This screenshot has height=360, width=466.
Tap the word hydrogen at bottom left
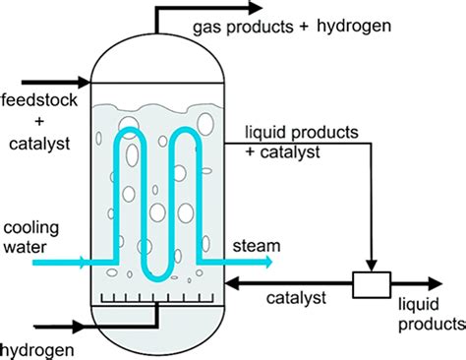(x=34, y=348)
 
